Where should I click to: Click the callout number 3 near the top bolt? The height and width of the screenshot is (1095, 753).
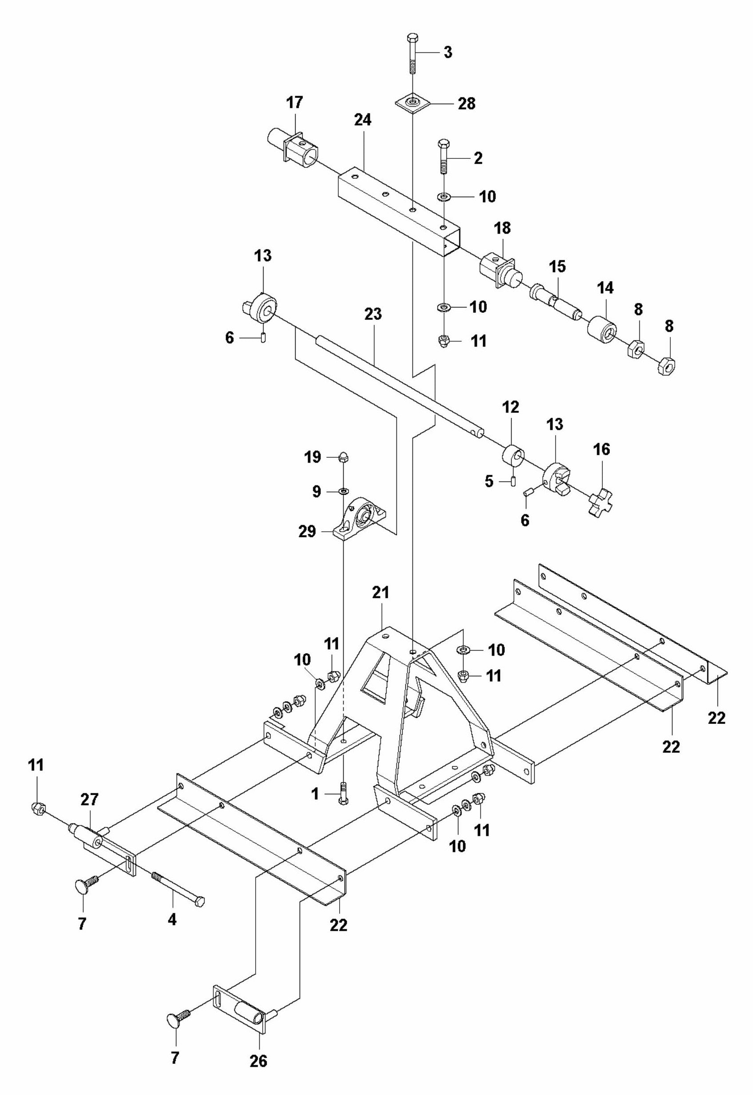[x=447, y=53]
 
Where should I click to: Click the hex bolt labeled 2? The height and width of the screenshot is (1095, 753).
[x=444, y=156]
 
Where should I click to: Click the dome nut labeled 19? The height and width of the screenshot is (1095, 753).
[x=344, y=457]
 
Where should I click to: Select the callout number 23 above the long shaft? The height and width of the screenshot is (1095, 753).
[x=373, y=314]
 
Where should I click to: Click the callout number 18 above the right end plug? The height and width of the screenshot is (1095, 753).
[x=502, y=228]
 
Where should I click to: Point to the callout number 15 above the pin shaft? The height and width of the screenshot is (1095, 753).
[x=557, y=267]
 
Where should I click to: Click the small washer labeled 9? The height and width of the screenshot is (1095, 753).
[x=344, y=492]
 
